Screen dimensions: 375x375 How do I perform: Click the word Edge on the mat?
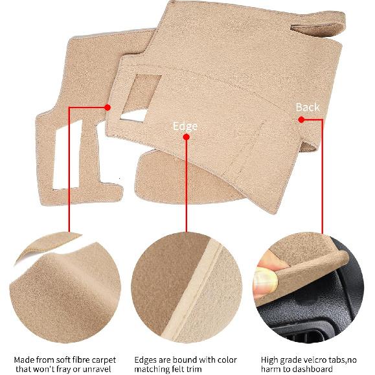coord(185,126)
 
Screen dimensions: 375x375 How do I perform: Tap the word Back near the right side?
coord(308,107)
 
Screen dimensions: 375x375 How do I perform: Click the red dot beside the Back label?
coord(301,119)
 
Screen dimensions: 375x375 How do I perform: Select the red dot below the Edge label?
coord(186,137)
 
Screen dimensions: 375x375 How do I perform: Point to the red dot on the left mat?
coord(108,108)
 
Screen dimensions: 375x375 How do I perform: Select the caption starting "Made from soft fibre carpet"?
coord(65,363)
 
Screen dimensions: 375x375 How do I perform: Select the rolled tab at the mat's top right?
coord(318,24)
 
